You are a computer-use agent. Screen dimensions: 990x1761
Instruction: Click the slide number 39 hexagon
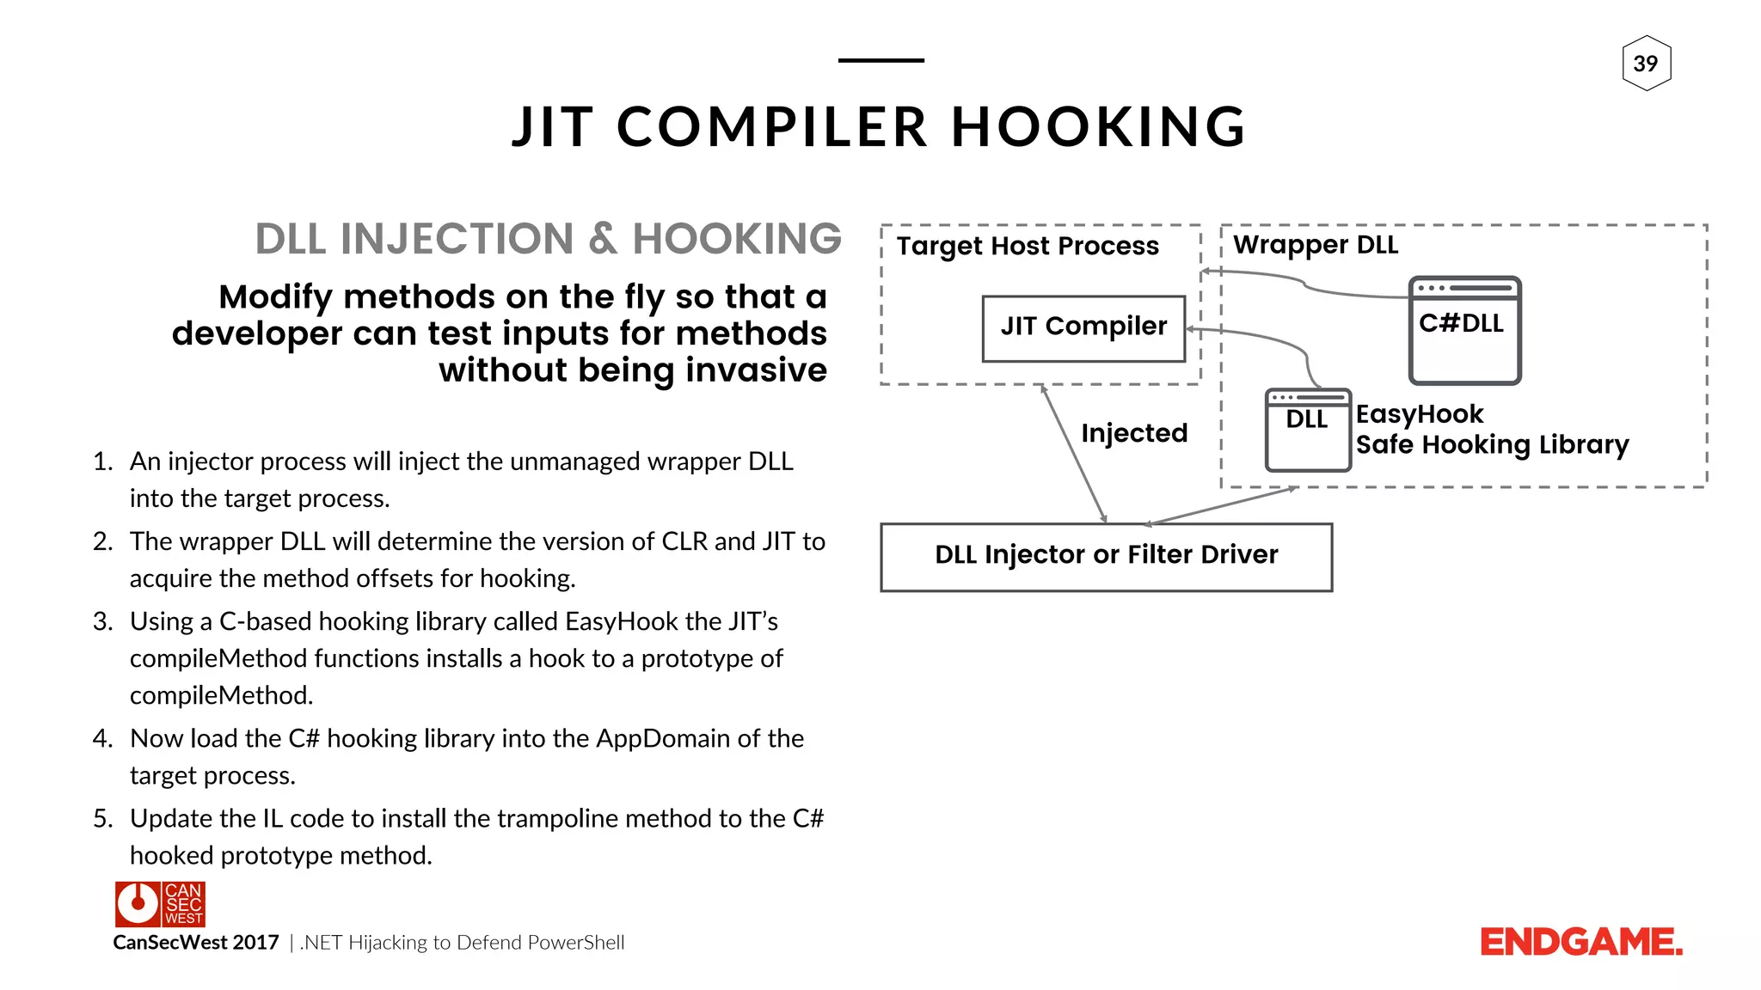click(x=1646, y=64)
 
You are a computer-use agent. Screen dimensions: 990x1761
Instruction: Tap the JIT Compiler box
click(x=1083, y=327)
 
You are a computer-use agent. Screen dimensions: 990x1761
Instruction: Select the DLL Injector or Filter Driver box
click(x=1106, y=556)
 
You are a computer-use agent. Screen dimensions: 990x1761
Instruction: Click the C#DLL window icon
click(x=1464, y=331)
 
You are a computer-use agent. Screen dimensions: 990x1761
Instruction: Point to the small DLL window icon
click(x=1307, y=430)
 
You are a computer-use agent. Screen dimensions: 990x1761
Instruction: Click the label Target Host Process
click(x=1028, y=247)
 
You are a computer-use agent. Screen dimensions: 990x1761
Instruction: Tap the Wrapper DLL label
click(x=1316, y=245)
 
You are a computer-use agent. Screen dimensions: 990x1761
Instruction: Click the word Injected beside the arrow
click(x=1134, y=433)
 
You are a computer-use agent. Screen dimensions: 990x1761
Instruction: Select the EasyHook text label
click(x=1420, y=414)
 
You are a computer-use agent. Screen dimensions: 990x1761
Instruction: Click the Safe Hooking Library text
click(x=1492, y=445)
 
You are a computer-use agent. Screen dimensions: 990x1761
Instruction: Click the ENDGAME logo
click(x=1580, y=942)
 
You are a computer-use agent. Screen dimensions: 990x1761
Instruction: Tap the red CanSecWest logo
click(x=160, y=904)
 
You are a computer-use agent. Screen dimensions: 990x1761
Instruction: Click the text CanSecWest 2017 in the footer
click(x=196, y=943)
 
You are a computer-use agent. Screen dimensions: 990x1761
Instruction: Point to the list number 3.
click(x=102, y=621)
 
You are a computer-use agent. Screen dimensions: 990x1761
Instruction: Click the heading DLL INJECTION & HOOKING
click(x=548, y=239)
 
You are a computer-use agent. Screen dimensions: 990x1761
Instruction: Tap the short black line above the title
click(x=880, y=60)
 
